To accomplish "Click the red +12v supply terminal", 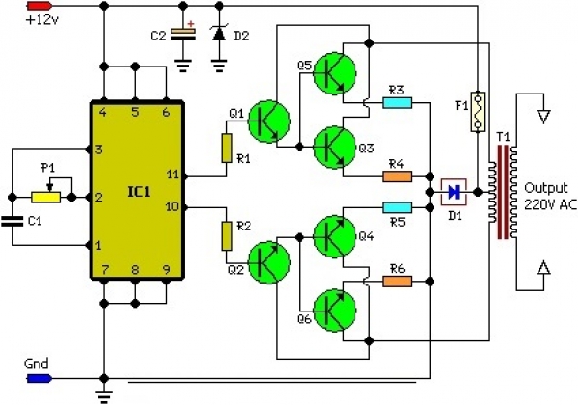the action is click(39, 6).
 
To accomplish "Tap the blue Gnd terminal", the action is click(39, 378).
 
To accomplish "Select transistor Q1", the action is click(269, 121).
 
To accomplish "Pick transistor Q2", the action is click(269, 262).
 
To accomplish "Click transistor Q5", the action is click(334, 73).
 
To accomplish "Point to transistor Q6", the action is click(334, 310).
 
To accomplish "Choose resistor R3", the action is click(397, 102).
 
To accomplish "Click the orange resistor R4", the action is click(397, 176).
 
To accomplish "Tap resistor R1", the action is click(226, 148).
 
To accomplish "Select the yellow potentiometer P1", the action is click(45, 198).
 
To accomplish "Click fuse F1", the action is click(478, 112).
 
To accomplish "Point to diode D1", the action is click(454, 192).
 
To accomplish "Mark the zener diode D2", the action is click(220, 33).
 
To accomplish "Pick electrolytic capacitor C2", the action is click(182, 34).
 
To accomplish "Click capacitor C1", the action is click(13, 221).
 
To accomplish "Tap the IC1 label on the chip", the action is click(139, 192).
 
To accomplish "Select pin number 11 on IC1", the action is click(172, 175).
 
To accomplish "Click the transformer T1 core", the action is click(503, 192).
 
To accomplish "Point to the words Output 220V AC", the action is click(550, 196).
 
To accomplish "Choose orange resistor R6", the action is click(397, 282).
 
